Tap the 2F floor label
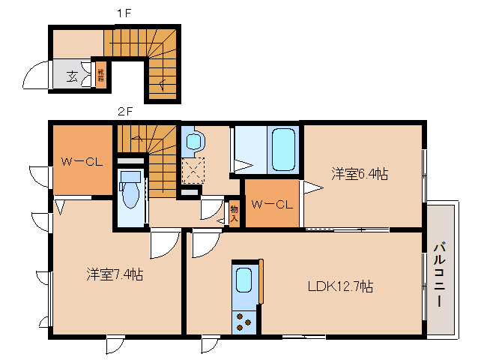(124, 112)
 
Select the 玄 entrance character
(73, 75)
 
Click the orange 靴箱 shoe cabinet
(100, 75)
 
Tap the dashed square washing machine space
(193, 169)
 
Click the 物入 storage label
(234, 212)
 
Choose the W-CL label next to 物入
(270, 203)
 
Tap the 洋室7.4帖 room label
(113, 274)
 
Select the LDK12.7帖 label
(341, 286)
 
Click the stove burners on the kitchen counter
(244, 320)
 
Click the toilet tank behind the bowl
(131, 177)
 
